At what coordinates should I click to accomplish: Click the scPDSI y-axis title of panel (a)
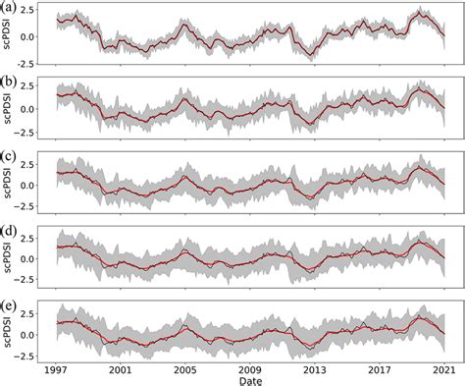9,37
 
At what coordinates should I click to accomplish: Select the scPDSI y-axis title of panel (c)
9,185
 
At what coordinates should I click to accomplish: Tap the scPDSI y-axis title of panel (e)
9,331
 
